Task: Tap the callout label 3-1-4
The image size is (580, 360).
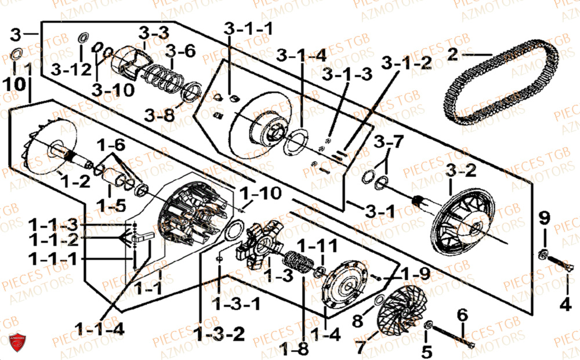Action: (301, 56)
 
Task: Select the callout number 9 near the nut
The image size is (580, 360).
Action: (543, 218)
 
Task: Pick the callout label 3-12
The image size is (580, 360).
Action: (71, 70)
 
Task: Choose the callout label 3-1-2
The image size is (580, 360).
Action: (407, 64)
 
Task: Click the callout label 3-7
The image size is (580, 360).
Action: (387, 141)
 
